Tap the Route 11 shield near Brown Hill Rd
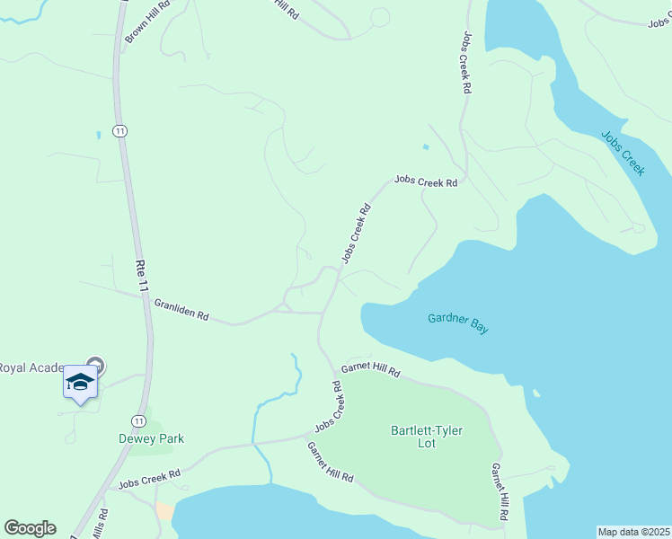(119, 131)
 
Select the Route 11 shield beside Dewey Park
(137, 420)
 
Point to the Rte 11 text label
(140, 275)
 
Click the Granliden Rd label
(181, 311)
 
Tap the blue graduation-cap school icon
(80, 383)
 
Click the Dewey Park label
(151, 438)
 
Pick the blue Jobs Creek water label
(623, 154)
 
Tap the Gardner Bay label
(458, 323)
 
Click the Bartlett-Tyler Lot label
(427, 437)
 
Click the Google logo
(30, 528)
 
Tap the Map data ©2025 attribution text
(632, 531)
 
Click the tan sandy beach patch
(165, 511)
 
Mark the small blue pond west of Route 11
(97, 135)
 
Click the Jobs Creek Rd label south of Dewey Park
(149, 478)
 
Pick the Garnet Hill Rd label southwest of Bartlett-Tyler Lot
(330, 463)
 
